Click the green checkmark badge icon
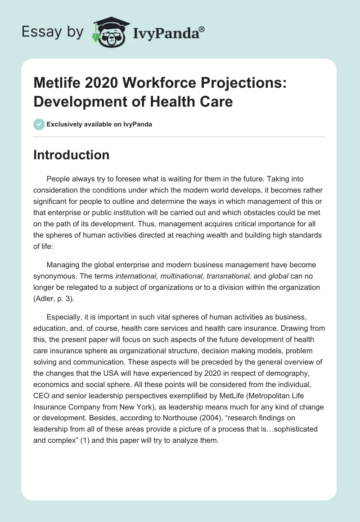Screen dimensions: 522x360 tap(39, 124)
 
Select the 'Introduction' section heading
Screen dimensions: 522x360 tap(72, 155)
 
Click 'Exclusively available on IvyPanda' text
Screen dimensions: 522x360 tap(99, 125)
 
